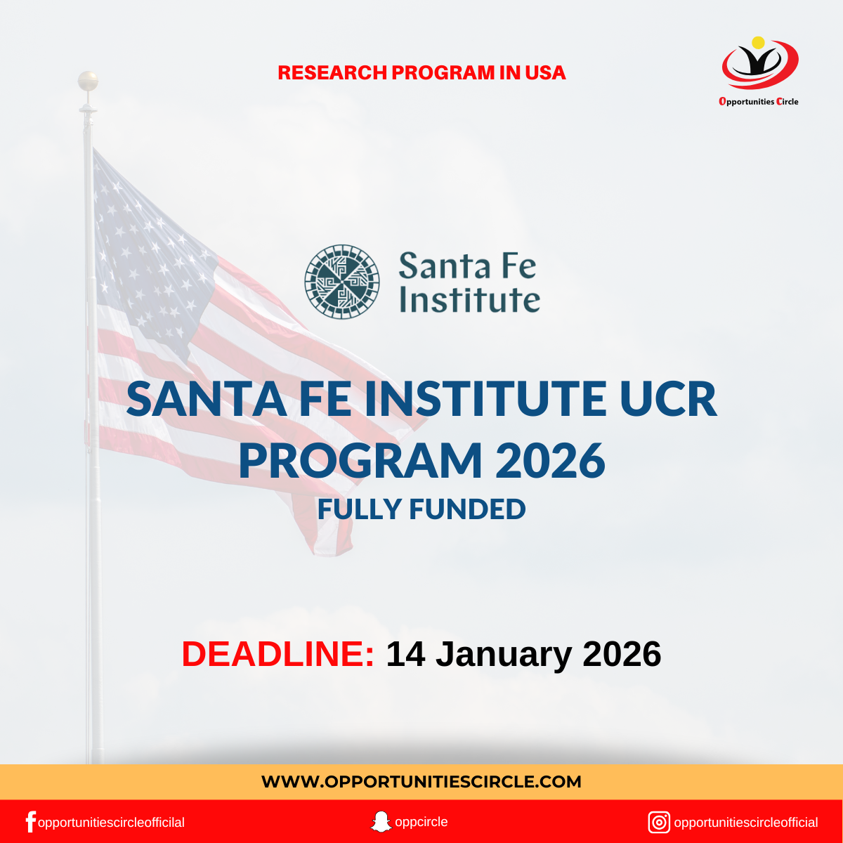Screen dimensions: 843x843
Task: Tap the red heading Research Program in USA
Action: (x=421, y=73)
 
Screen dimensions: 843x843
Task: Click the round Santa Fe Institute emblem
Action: (x=342, y=282)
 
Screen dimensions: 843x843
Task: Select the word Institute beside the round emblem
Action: (x=469, y=299)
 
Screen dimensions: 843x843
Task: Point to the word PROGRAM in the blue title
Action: (x=360, y=461)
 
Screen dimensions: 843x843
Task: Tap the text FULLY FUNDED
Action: (x=421, y=509)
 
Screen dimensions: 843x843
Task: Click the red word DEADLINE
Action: (x=277, y=654)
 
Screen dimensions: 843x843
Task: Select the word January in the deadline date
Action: (x=504, y=654)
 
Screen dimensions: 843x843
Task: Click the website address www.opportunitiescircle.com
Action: (x=421, y=782)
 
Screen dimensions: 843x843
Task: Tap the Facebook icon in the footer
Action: (x=30, y=822)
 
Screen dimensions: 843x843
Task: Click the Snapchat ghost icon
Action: (x=381, y=822)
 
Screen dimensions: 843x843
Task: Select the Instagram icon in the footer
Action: (x=659, y=822)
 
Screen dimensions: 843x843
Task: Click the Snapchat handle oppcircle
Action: (x=421, y=822)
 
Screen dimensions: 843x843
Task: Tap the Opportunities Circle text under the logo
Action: (x=759, y=102)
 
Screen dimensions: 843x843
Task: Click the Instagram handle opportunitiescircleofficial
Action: (x=746, y=823)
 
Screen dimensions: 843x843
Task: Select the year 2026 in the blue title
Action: (x=550, y=461)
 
